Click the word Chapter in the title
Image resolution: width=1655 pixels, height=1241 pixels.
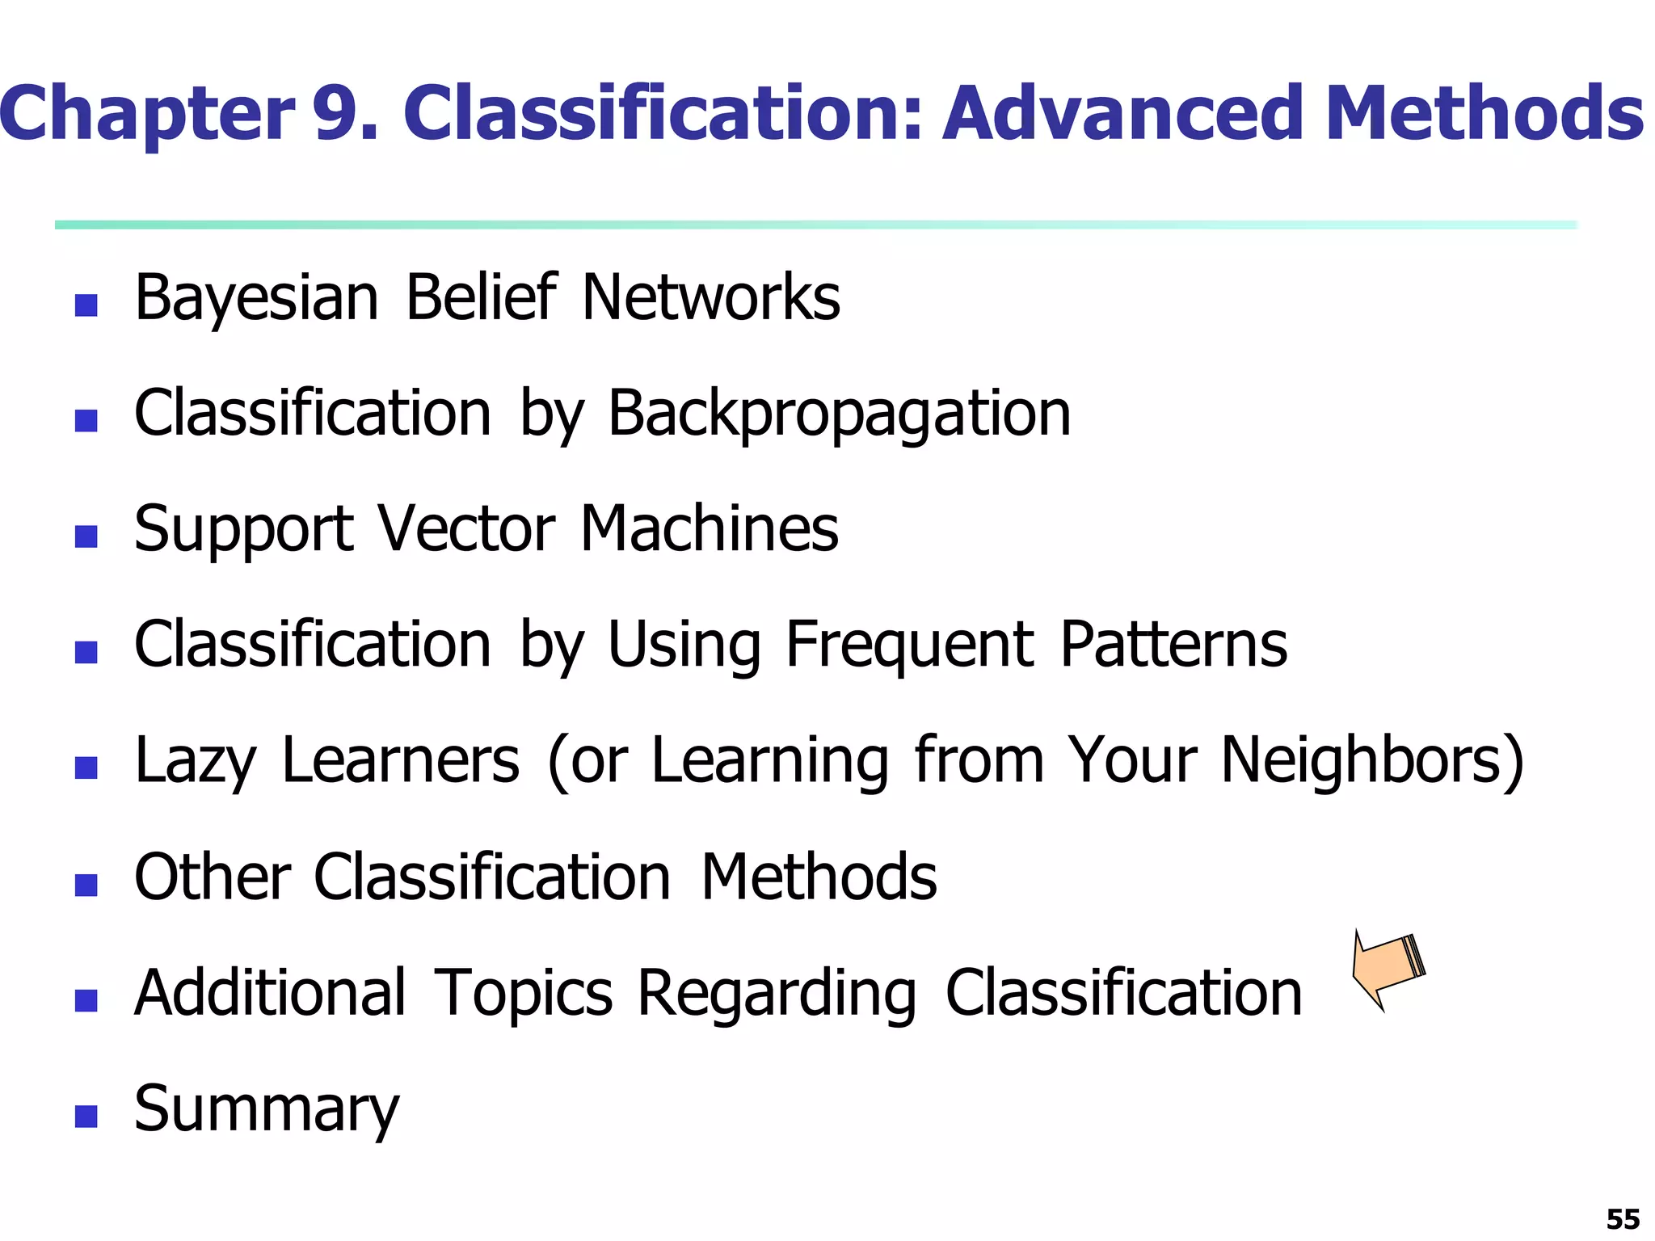[x=147, y=115]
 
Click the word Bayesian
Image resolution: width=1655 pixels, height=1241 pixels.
[x=256, y=299]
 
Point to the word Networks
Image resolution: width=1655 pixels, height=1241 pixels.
[x=710, y=297]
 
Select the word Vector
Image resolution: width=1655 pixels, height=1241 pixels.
[x=466, y=529]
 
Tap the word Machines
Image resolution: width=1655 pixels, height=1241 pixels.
[x=710, y=529]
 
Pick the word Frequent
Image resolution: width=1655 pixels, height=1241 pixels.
[x=909, y=646]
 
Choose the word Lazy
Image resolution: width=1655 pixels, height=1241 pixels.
[x=195, y=762]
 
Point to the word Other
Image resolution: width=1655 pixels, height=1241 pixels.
[x=213, y=877]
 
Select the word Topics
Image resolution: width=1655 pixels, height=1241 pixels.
[x=524, y=994]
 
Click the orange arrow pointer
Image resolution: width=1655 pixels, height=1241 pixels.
[x=1388, y=968]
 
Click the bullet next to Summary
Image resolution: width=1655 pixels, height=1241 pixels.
[x=86, y=1117]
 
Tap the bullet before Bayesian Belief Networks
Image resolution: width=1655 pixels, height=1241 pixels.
[x=86, y=305]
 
